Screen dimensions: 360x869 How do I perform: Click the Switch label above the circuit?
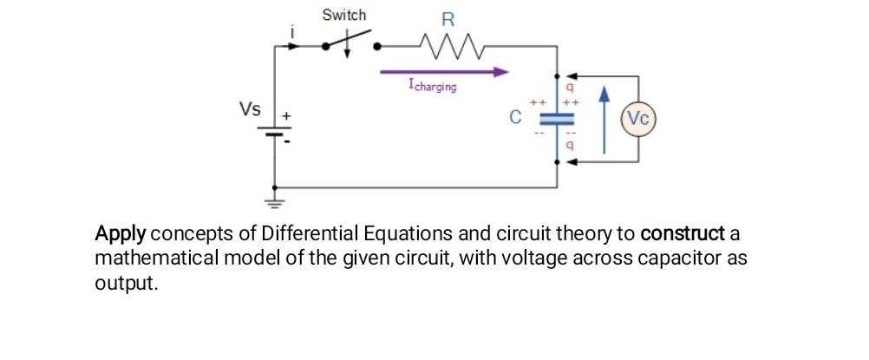[343, 15]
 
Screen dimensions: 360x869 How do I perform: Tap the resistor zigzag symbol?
[447, 43]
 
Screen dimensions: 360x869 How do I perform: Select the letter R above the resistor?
[448, 18]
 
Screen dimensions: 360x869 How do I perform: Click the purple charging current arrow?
[442, 73]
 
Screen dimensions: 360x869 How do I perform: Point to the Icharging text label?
[431, 87]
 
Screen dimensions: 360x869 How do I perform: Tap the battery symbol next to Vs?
[276, 132]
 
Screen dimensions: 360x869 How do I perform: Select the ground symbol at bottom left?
[276, 206]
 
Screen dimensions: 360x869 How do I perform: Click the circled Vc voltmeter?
[638, 120]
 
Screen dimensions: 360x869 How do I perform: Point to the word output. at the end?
[126, 284]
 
